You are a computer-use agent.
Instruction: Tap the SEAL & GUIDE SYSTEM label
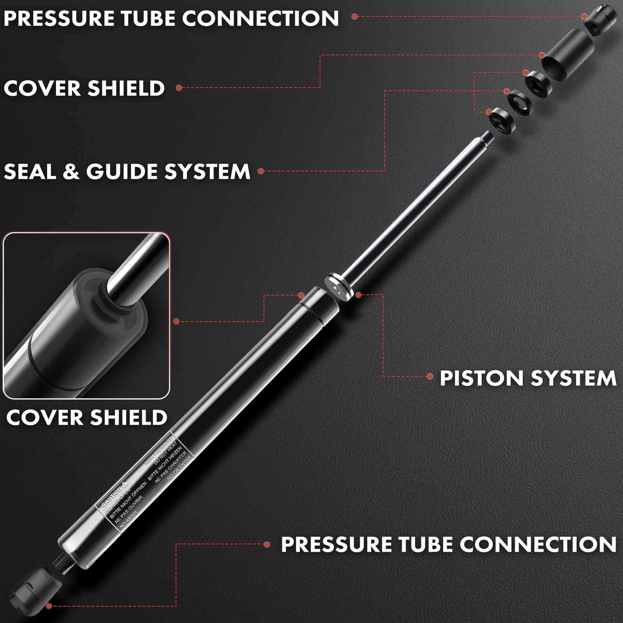[x=127, y=171]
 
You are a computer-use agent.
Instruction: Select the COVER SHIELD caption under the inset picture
[x=86, y=417]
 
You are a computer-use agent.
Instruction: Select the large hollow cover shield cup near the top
[x=567, y=56]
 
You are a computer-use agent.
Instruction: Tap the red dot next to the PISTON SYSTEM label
[x=430, y=376]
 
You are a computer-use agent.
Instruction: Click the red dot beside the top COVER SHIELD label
[x=179, y=88]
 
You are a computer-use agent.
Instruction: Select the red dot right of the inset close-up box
[x=176, y=321]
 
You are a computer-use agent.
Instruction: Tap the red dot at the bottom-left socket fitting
[x=49, y=606]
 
